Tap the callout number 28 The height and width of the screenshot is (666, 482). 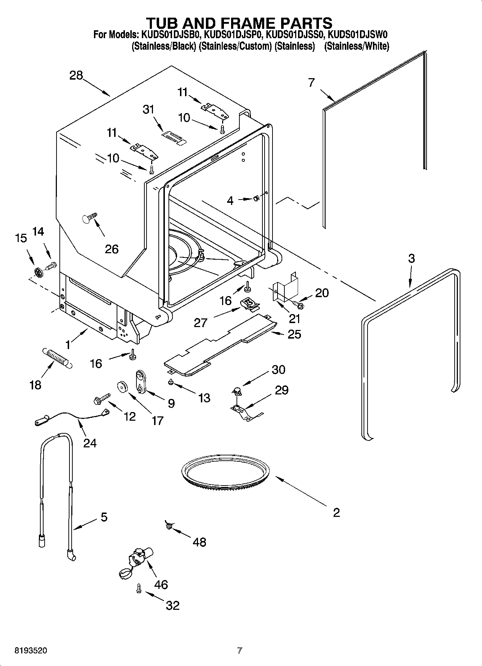[x=76, y=75]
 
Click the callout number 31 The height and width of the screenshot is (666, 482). [x=148, y=109]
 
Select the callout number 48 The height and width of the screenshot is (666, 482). [x=199, y=542]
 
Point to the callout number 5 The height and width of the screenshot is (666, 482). [x=104, y=517]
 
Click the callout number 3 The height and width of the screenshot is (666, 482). [x=411, y=258]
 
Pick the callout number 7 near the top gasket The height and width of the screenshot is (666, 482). [x=311, y=82]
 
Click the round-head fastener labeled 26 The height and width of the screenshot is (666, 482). [x=89, y=218]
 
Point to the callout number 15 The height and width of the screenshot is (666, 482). [x=21, y=238]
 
